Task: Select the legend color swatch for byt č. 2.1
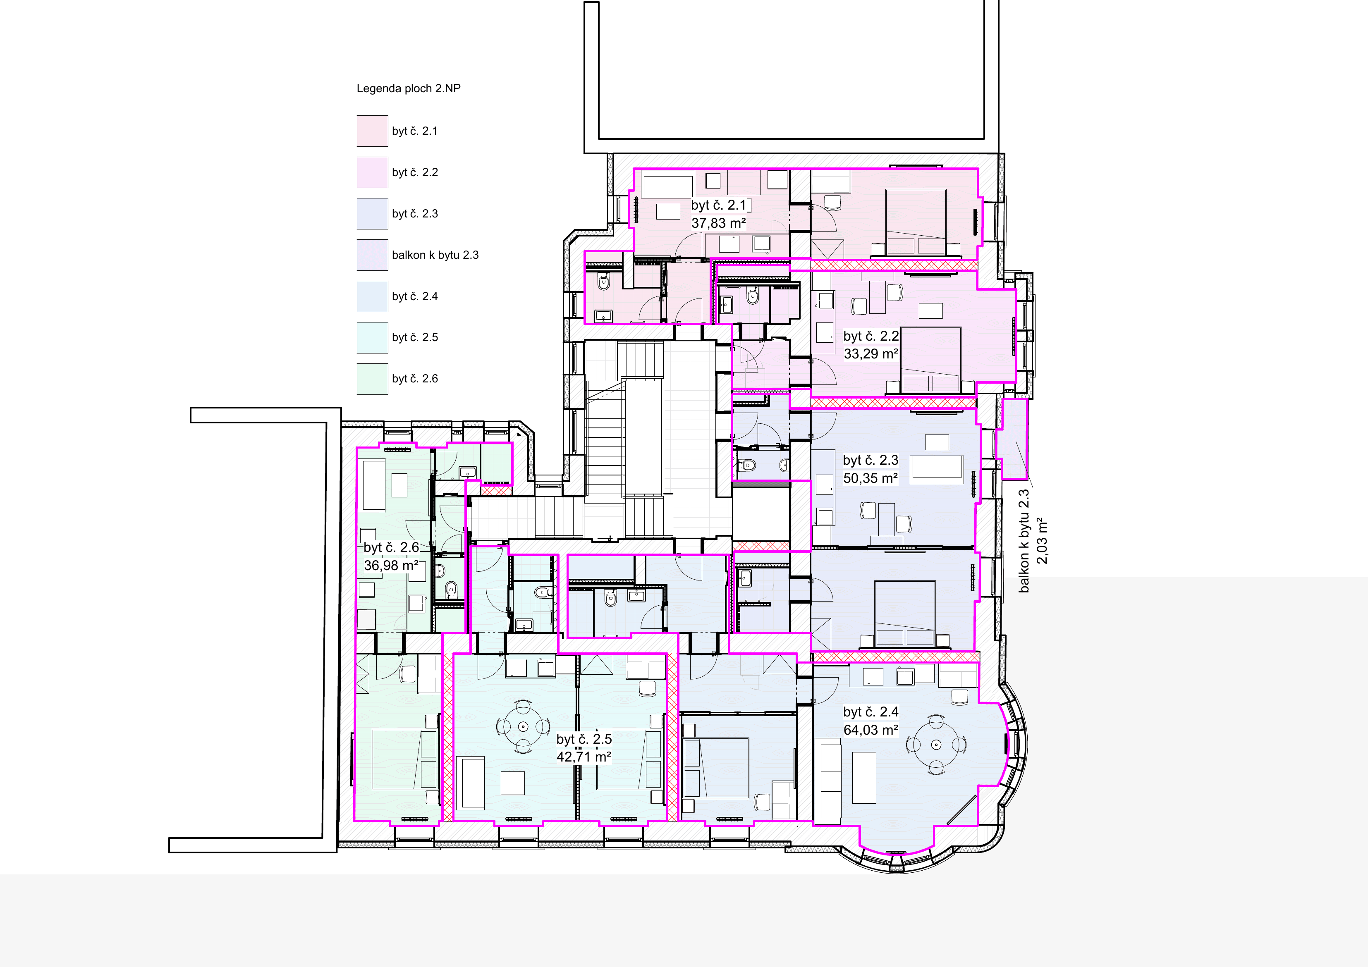pyautogui.click(x=372, y=131)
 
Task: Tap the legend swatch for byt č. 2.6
pyautogui.click(x=372, y=379)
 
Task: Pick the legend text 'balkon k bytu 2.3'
pyautogui.click(x=435, y=255)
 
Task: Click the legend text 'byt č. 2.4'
pyautogui.click(x=415, y=296)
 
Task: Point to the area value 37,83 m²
pyautogui.click(x=719, y=223)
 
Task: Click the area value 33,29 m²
pyautogui.click(x=871, y=354)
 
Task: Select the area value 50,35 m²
pyautogui.click(x=871, y=478)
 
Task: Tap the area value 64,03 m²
pyautogui.click(x=871, y=730)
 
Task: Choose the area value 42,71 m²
pyautogui.click(x=584, y=757)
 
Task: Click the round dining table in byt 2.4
pyautogui.click(x=936, y=745)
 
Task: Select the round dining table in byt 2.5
pyautogui.click(x=523, y=726)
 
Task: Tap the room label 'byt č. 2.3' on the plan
pyautogui.click(x=871, y=460)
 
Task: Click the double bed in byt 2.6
pyautogui.click(x=405, y=759)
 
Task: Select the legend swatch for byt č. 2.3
pyautogui.click(x=372, y=214)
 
